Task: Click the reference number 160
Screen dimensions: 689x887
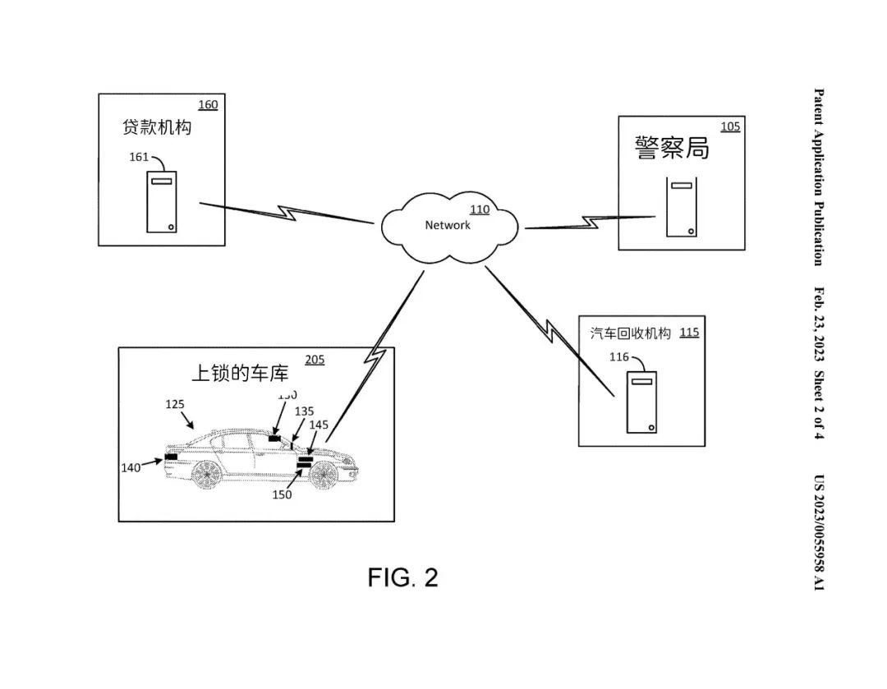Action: (209, 105)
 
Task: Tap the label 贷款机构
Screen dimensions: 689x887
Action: (157, 128)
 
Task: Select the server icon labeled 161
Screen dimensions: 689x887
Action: (161, 201)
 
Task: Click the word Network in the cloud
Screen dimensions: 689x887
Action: (448, 225)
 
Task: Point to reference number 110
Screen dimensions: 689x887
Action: (479, 209)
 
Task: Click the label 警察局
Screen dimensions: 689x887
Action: (672, 148)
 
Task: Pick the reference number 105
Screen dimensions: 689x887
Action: (730, 126)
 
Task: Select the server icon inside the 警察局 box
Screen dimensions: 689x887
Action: (682, 208)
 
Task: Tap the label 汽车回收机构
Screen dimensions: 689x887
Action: (631, 333)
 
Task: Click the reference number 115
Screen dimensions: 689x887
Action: (690, 333)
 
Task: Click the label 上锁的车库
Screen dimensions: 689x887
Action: (240, 373)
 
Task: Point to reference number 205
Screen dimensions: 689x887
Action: (315, 360)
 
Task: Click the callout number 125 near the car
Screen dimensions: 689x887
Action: (175, 404)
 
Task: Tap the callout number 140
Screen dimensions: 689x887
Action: (131, 467)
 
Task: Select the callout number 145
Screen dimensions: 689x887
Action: (319, 425)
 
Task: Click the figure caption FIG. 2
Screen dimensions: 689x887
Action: (402, 577)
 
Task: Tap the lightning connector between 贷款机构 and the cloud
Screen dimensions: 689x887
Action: (287, 212)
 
